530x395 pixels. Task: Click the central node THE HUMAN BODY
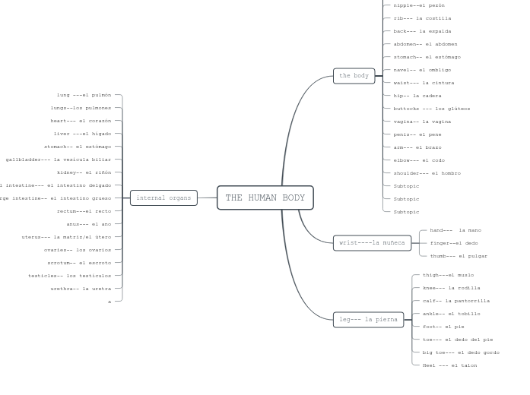(x=265, y=197)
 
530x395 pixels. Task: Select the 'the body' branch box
(x=354, y=76)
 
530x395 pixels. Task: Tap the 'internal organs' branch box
(x=163, y=198)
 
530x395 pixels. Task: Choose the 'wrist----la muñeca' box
(x=372, y=243)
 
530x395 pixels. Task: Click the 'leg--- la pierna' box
(x=368, y=320)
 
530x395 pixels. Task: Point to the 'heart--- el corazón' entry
(x=81, y=121)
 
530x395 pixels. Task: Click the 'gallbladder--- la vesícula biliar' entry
(x=59, y=160)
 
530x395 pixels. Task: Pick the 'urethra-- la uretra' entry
(x=81, y=289)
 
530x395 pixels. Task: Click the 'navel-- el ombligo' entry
(x=422, y=70)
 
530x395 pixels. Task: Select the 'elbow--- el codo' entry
(x=419, y=160)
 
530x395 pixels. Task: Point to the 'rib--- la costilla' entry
(x=422, y=18)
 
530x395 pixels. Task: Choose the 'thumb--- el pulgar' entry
(x=459, y=256)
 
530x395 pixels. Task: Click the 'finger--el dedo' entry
(x=454, y=243)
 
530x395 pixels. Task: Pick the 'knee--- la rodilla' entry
(x=451, y=288)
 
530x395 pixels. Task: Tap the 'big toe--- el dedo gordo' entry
(x=461, y=352)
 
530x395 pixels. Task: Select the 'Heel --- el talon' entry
(x=449, y=365)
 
